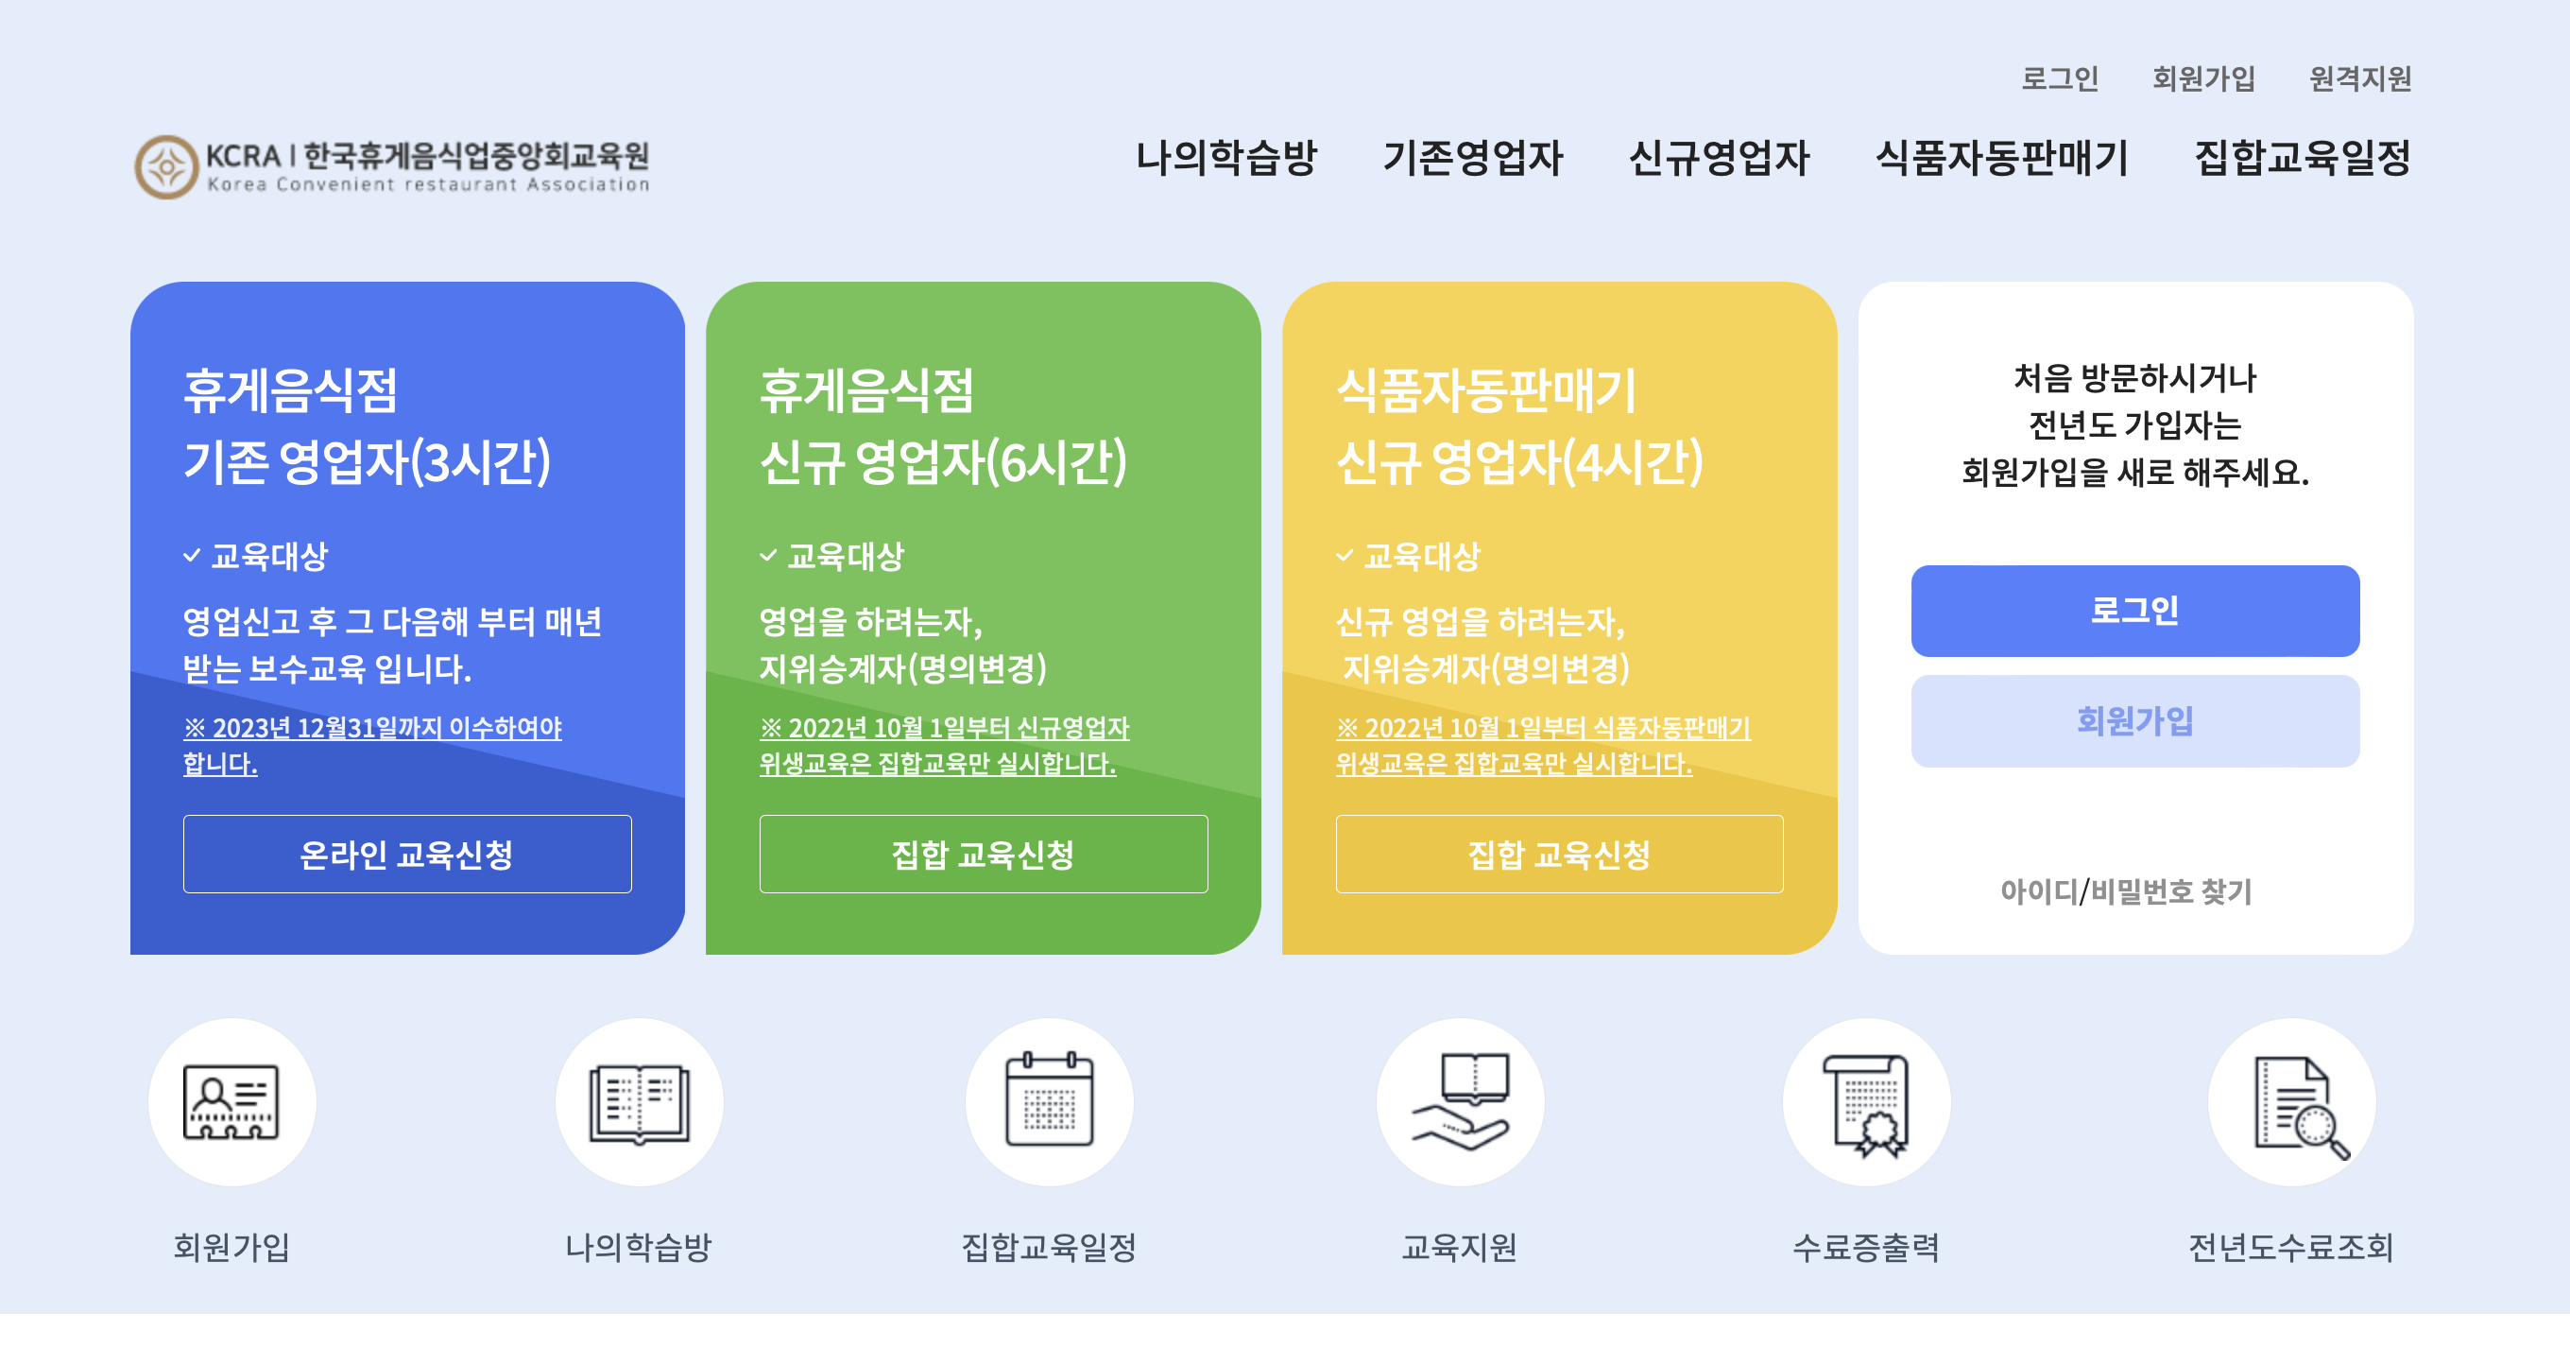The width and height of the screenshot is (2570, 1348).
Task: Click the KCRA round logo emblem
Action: (x=165, y=166)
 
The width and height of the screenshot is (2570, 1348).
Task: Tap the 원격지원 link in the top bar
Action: (x=2359, y=78)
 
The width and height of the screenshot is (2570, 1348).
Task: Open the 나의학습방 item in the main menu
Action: (x=1226, y=158)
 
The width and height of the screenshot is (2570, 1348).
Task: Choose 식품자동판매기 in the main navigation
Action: (x=2001, y=158)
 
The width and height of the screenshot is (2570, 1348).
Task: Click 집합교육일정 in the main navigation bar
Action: (x=2302, y=158)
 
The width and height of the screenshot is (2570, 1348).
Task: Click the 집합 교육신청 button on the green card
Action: (x=983, y=855)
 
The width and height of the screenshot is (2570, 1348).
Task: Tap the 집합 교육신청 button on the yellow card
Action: (x=1558, y=855)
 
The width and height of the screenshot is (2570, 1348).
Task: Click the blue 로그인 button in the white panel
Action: (x=2134, y=611)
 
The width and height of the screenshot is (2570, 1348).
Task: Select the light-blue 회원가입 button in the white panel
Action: (x=2134, y=720)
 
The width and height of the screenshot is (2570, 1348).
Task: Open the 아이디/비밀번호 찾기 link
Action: (x=2126, y=891)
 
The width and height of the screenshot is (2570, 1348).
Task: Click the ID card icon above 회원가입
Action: (x=231, y=1101)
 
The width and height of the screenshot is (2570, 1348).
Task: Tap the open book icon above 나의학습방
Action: (x=639, y=1101)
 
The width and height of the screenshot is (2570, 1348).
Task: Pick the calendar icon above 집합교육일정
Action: (x=1049, y=1101)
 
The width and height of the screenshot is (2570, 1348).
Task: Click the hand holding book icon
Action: (x=1460, y=1101)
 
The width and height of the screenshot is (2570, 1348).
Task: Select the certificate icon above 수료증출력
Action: (x=1866, y=1101)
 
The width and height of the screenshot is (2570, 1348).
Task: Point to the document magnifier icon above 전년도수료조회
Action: (x=2291, y=1101)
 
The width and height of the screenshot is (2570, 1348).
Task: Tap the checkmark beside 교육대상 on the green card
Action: (x=768, y=556)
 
